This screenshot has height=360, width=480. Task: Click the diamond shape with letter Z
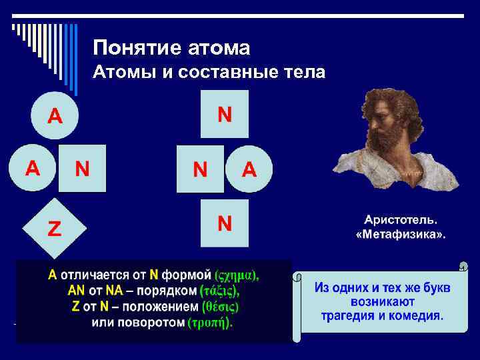(x=54, y=229)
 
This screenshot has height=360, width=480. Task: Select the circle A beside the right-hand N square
(x=249, y=169)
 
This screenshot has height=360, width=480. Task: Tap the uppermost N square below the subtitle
(x=225, y=115)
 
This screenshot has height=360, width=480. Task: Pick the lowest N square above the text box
(x=225, y=223)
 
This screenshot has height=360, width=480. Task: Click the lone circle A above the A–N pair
(x=55, y=116)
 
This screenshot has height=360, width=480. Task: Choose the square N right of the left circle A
(x=82, y=168)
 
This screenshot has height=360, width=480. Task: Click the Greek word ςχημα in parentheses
(x=237, y=275)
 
